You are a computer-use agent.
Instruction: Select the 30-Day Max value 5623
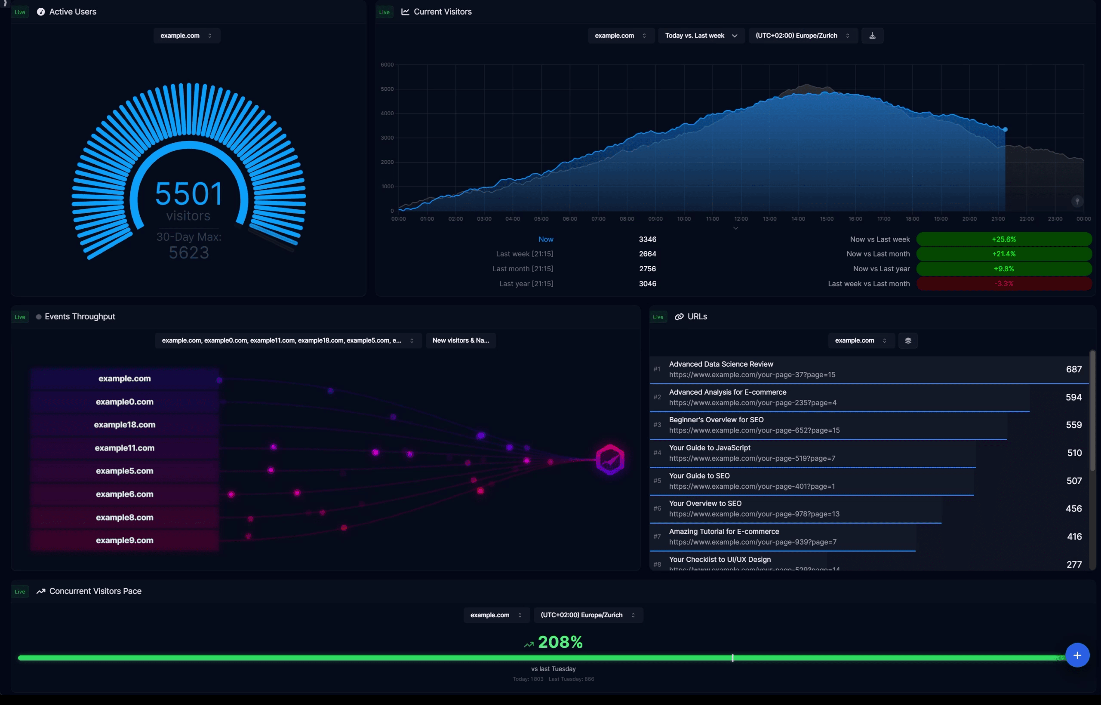189,253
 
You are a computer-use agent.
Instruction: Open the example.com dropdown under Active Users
186,36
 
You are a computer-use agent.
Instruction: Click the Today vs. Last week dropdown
701,36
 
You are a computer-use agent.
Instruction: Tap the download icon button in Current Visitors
872,36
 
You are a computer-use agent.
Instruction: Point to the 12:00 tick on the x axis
741,219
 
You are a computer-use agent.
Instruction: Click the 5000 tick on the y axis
387,89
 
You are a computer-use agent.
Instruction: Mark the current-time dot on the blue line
1005,129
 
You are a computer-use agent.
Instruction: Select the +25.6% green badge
1003,239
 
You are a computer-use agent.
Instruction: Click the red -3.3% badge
1003,284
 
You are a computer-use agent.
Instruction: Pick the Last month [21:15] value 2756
647,269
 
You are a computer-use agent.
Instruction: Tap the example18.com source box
125,425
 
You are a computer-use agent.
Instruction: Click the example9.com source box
125,540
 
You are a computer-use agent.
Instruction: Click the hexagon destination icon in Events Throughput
609,460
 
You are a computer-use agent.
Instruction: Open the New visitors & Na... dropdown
460,340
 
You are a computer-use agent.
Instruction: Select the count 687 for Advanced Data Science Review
1073,369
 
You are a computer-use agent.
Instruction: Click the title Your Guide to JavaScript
710,448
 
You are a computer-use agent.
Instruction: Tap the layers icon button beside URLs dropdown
908,340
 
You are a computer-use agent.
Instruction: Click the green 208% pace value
560,642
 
